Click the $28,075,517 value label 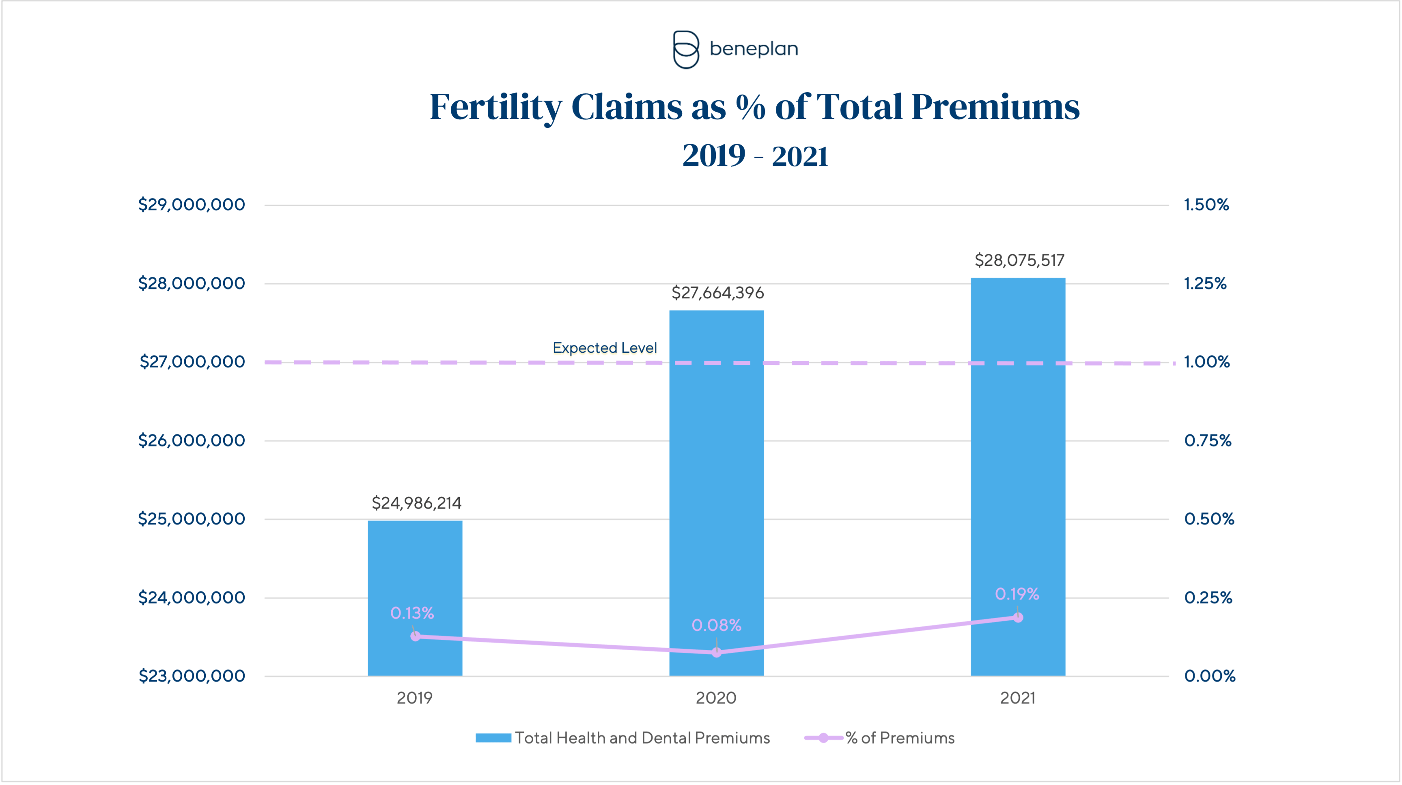tap(1019, 260)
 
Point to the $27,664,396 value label tap(717, 293)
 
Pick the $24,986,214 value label tap(416, 503)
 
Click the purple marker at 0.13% tap(415, 636)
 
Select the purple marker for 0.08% tap(717, 651)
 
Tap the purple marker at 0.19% tap(1018, 617)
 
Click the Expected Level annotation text tap(605, 348)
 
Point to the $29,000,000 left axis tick tap(191, 205)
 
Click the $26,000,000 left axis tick tap(191, 440)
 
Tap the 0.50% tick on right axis tap(1209, 519)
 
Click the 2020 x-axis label tap(716, 698)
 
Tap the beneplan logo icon tap(686, 50)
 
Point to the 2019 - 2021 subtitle tap(755, 156)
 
